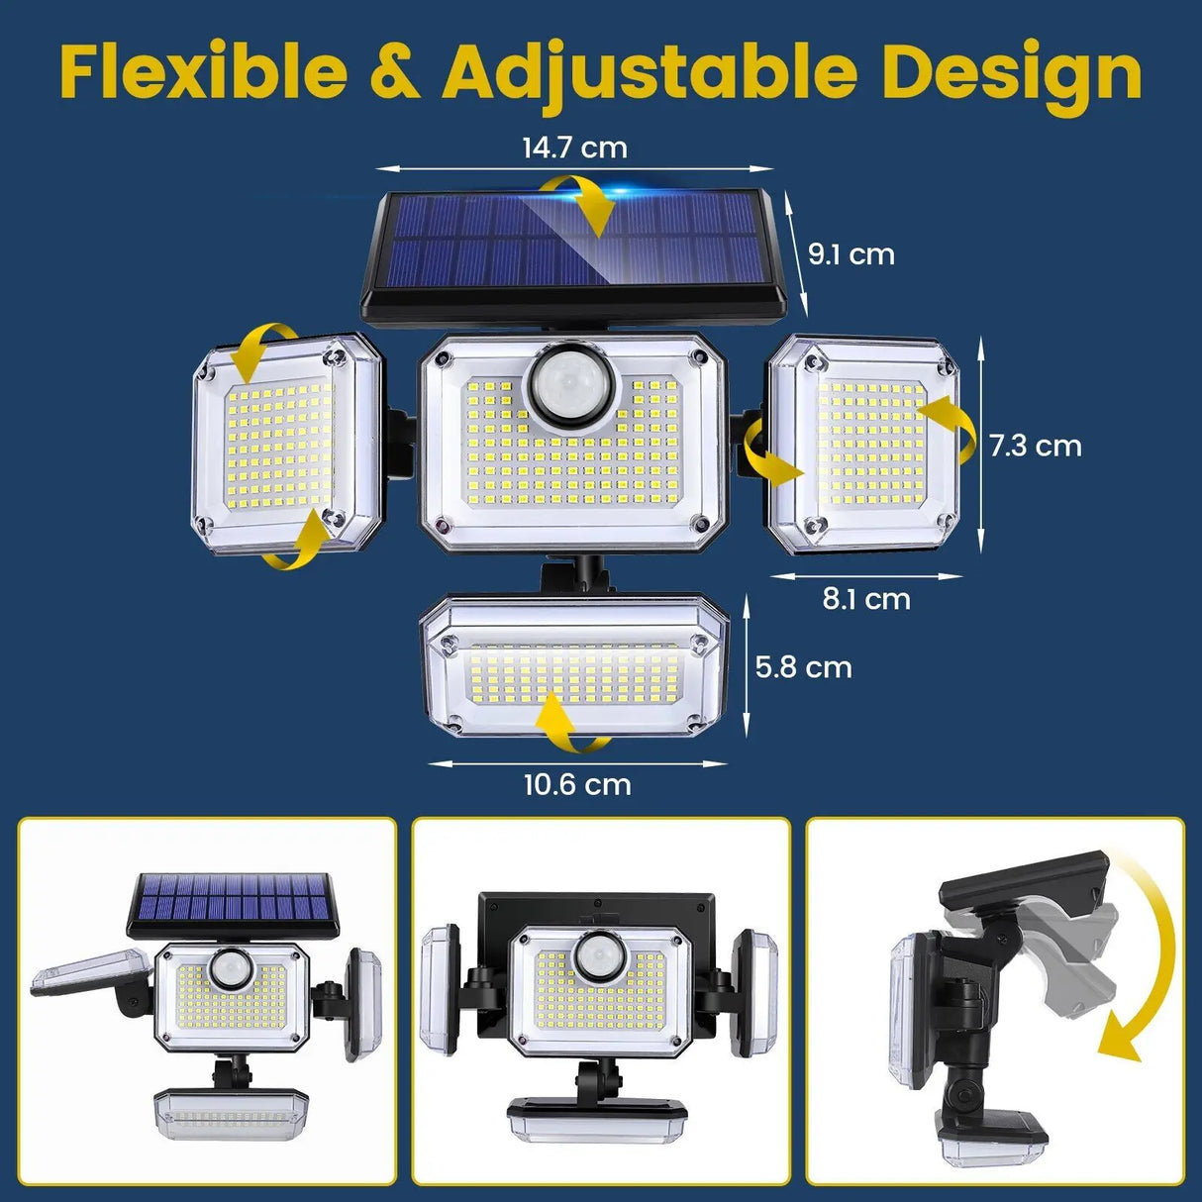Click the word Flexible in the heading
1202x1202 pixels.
(x=204, y=73)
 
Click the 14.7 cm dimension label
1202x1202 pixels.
(x=574, y=149)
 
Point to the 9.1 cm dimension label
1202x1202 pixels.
(x=851, y=254)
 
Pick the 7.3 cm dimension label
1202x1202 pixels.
(x=1035, y=446)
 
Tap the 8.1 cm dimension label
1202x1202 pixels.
(x=866, y=599)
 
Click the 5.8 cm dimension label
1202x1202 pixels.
(x=803, y=667)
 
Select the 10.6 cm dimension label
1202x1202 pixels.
(x=577, y=785)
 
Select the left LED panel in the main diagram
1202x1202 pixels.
(x=286, y=443)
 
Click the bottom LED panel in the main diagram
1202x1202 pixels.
(x=575, y=666)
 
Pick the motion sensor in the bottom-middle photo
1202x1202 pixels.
(x=598, y=956)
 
